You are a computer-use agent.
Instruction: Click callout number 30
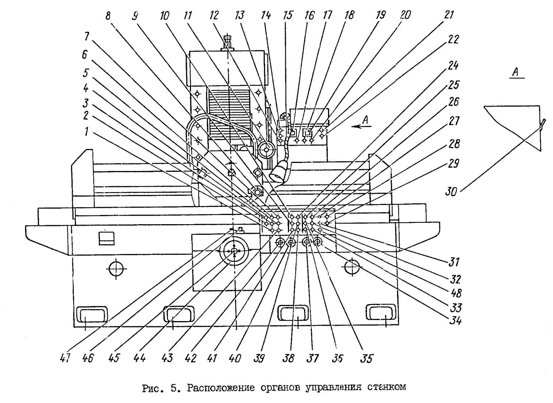point(451,191)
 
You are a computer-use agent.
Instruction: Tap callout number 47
point(65,358)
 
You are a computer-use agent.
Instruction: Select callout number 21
point(449,15)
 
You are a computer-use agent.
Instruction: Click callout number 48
point(456,293)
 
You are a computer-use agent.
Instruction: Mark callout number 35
point(366,358)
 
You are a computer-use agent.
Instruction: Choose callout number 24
point(453,66)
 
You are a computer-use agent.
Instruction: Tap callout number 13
point(240,15)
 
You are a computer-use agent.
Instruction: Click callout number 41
point(212,358)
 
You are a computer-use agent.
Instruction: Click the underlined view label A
point(516,72)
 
